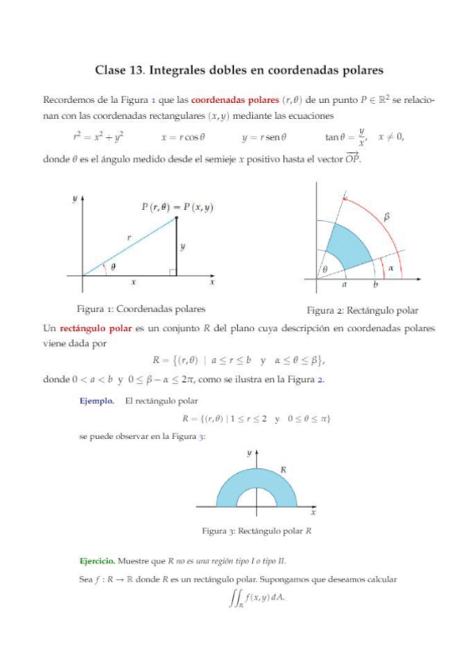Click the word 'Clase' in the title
(x=111, y=70)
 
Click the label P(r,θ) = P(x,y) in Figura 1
(x=178, y=208)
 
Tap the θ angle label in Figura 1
(x=113, y=267)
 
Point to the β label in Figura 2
(x=387, y=215)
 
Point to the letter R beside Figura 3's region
(x=283, y=470)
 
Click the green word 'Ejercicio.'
(x=99, y=560)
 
